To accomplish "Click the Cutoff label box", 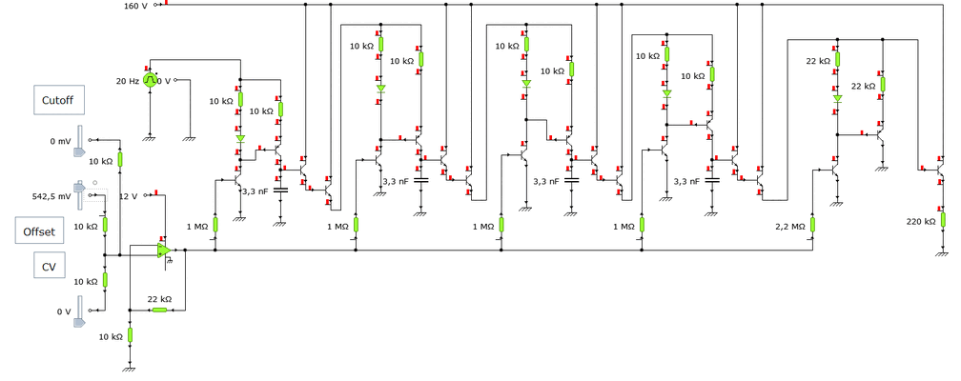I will [x=58, y=100].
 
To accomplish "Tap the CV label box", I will [x=46, y=267].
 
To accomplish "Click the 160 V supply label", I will [x=137, y=6].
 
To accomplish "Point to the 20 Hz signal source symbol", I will [x=150, y=81].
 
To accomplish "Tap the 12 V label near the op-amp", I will [x=130, y=196].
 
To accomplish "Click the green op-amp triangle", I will [x=164, y=250].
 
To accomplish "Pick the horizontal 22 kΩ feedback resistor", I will [x=158, y=310].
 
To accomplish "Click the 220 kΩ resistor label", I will [x=922, y=221].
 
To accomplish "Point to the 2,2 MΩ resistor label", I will [x=790, y=227].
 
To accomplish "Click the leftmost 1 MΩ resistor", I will [x=215, y=225].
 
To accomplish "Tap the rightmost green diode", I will [x=837, y=97].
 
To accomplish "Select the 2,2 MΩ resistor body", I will [x=813, y=226].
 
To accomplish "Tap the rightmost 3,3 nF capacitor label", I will [x=687, y=180].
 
